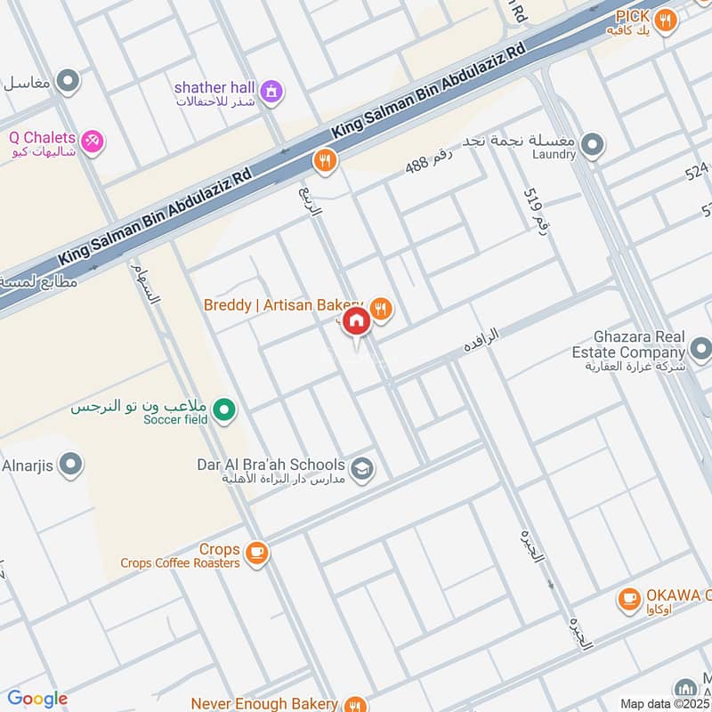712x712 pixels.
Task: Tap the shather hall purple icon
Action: point(272,89)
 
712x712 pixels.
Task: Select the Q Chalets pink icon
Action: point(92,141)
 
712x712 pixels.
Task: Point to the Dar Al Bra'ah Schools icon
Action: point(361,468)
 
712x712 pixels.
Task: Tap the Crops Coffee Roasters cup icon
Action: point(256,554)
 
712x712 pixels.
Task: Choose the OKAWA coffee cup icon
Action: point(630,599)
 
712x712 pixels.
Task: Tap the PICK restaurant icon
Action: point(664,19)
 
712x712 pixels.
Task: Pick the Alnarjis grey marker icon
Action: point(69,465)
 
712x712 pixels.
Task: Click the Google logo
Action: point(37,699)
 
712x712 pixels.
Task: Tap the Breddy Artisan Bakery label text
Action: point(283,305)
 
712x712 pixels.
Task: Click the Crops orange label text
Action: point(219,550)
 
